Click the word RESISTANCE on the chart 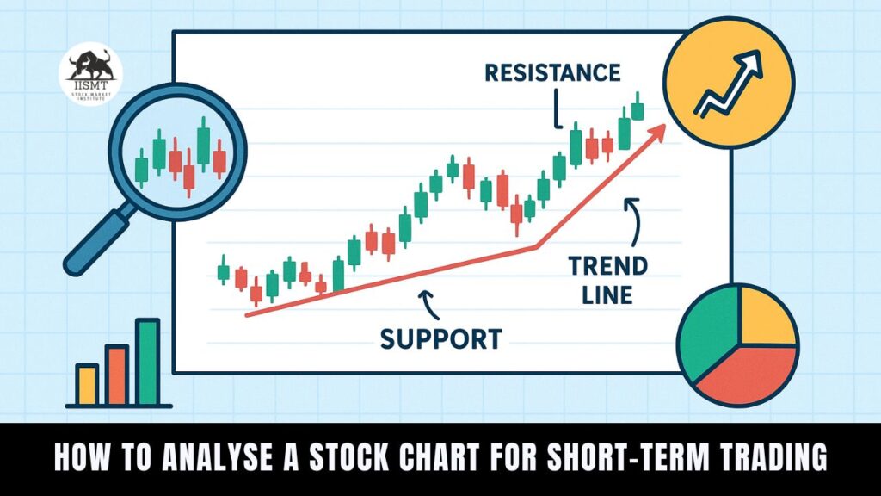coord(551,72)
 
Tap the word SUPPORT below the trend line coord(440,338)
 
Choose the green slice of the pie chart coord(707,334)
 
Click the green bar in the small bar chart coord(147,362)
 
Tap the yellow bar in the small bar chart coord(87,384)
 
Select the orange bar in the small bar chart coord(117,375)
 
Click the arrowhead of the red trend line coord(659,129)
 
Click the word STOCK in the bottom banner coord(343,459)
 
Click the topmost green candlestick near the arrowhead coord(638,109)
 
